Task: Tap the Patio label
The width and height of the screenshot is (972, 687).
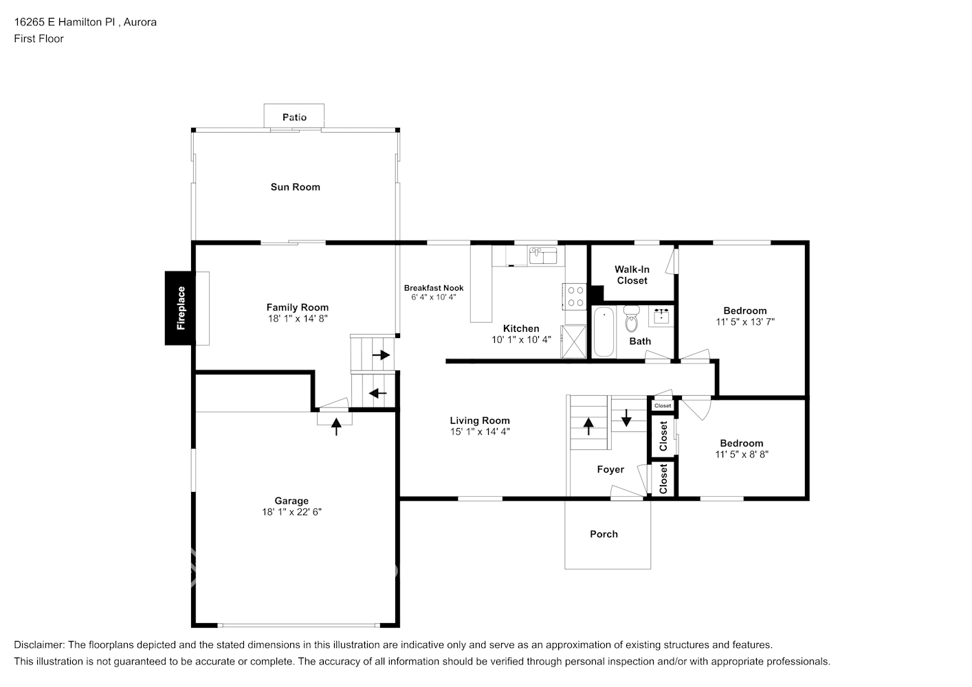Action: (294, 117)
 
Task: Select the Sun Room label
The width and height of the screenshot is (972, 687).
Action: (295, 187)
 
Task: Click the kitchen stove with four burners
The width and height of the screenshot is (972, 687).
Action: (574, 296)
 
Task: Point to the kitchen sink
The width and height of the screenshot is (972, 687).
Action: (543, 256)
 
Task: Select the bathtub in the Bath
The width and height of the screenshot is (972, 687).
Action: (603, 332)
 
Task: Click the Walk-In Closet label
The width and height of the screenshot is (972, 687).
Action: (632, 275)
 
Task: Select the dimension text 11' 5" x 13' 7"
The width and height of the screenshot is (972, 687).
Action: (744, 322)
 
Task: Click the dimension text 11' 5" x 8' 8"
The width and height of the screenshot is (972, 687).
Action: (741, 454)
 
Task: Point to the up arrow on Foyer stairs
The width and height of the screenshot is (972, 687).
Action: (589, 427)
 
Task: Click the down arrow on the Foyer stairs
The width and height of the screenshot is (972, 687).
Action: (626, 417)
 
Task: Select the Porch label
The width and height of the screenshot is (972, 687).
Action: (604, 534)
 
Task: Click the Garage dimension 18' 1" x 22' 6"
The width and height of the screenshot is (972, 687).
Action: (291, 512)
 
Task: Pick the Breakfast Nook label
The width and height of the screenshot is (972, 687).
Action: (433, 288)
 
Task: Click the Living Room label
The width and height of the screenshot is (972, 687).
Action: (480, 420)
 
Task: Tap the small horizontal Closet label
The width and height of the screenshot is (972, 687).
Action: (663, 406)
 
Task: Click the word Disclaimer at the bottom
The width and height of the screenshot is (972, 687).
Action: (38, 644)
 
